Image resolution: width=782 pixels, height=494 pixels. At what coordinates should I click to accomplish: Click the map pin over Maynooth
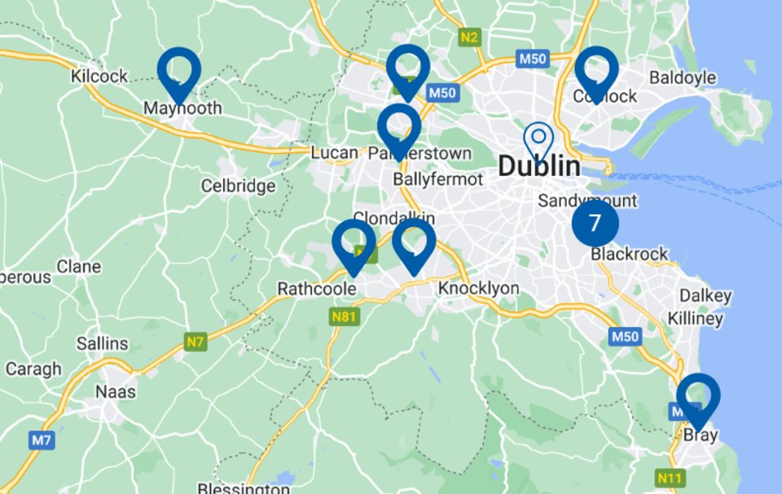click(x=179, y=73)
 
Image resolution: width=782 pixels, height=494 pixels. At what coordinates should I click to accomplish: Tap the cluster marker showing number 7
click(x=595, y=223)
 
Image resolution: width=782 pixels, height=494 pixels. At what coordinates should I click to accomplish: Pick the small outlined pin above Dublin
click(x=538, y=140)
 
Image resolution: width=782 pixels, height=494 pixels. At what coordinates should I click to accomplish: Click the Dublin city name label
click(x=538, y=166)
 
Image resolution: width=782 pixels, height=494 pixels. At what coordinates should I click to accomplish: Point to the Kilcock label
click(x=99, y=77)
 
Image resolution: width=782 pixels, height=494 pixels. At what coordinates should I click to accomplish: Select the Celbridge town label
click(x=238, y=187)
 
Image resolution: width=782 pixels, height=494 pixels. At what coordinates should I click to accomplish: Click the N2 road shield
click(x=469, y=37)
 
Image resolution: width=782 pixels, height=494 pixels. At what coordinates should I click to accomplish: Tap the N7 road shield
click(x=194, y=342)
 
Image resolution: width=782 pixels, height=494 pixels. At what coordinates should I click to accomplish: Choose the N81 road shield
click(x=343, y=316)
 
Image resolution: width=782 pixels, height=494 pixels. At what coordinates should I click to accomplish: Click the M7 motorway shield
click(x=42, y=441)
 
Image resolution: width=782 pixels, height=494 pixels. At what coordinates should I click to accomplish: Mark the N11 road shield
click(x=669, y=478)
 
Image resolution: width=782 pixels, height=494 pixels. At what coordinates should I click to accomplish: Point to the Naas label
click(x=115, y=391)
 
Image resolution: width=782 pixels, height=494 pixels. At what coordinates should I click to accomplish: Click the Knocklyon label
click(x=478, y=289)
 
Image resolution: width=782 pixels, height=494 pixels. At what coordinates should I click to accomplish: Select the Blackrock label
click(x=629, y=254)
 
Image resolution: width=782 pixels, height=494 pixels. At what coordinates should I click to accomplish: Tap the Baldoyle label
click(x=682, y=78)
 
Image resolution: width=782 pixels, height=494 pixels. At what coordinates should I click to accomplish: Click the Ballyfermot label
click(x=437, y=179)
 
